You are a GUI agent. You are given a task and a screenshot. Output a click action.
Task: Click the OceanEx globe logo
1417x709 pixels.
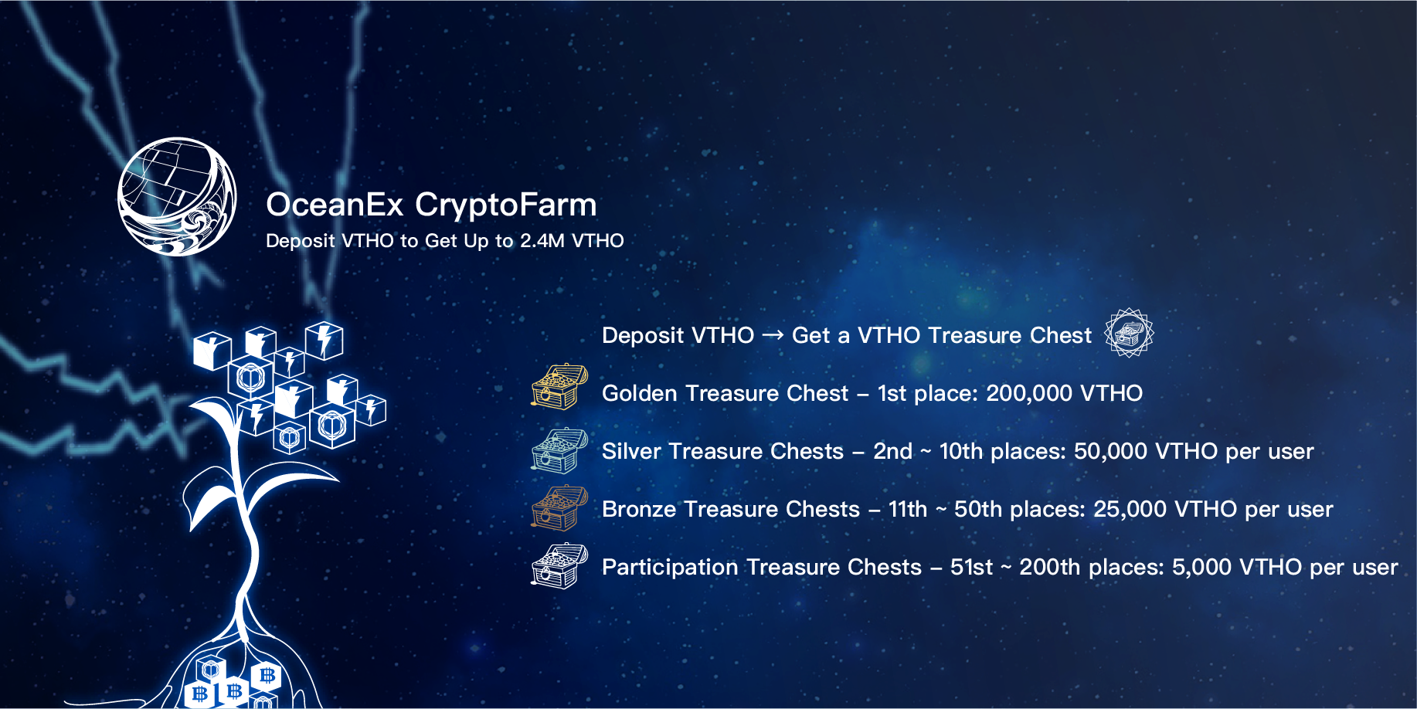[x=177, y=197]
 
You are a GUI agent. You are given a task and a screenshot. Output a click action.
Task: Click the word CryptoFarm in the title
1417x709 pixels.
[x=505, y=205]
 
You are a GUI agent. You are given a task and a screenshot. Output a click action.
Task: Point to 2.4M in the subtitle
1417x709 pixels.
[x=542, y=241]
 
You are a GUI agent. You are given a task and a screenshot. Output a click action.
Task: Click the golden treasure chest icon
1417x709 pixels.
[x=559, y=387]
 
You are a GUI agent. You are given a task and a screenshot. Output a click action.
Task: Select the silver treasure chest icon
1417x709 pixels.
[x=559, y=450]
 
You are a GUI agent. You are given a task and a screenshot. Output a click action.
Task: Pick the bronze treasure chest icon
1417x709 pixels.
[x=559, y=508]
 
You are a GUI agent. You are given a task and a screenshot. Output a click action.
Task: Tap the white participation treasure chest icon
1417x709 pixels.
[x=559, y=566]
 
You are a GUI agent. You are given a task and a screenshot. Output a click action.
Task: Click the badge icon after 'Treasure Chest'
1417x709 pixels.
[x=1129, y=333]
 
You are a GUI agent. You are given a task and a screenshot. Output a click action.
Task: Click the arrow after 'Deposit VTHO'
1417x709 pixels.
[x=773, y=335]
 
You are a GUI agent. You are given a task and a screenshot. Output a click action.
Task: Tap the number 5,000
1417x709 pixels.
[x=1201, y=567]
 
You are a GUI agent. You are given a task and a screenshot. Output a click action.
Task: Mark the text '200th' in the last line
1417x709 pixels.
[x=1050, y=567]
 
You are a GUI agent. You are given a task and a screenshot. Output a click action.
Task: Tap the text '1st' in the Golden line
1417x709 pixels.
[x=892, y=393]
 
